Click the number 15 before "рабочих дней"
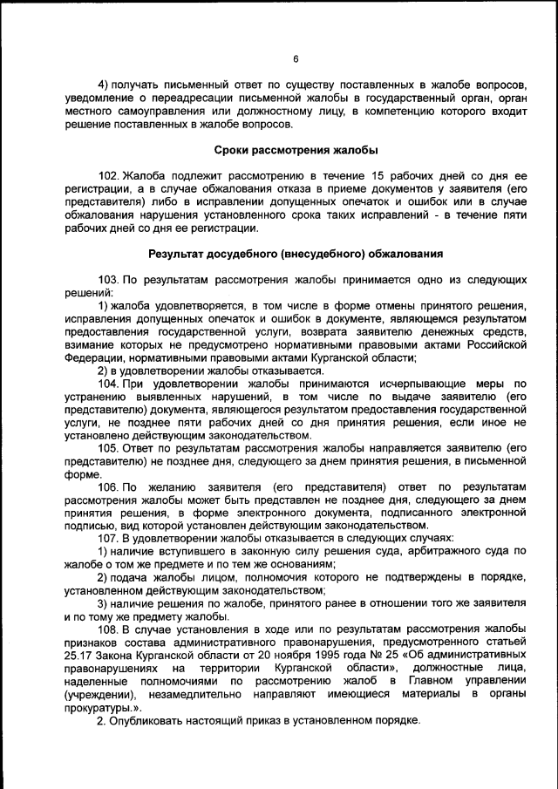[372, 174]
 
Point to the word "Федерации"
[97, 357]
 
